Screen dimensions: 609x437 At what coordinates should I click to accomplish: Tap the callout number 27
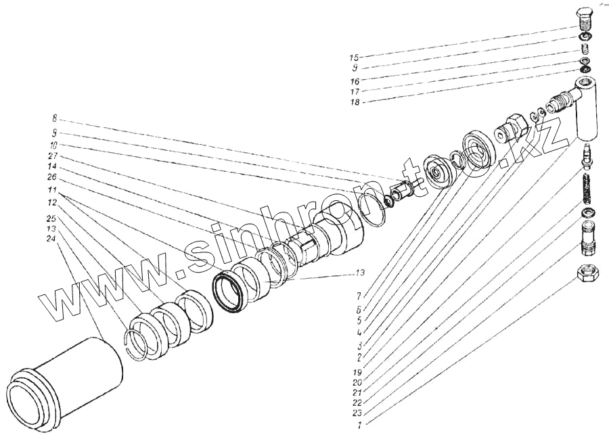click(52, 156)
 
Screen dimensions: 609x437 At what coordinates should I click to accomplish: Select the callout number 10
click(52, 145)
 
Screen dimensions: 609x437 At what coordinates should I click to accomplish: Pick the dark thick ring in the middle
click(229, 293)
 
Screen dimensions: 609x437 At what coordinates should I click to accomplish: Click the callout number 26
click(52, 178)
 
